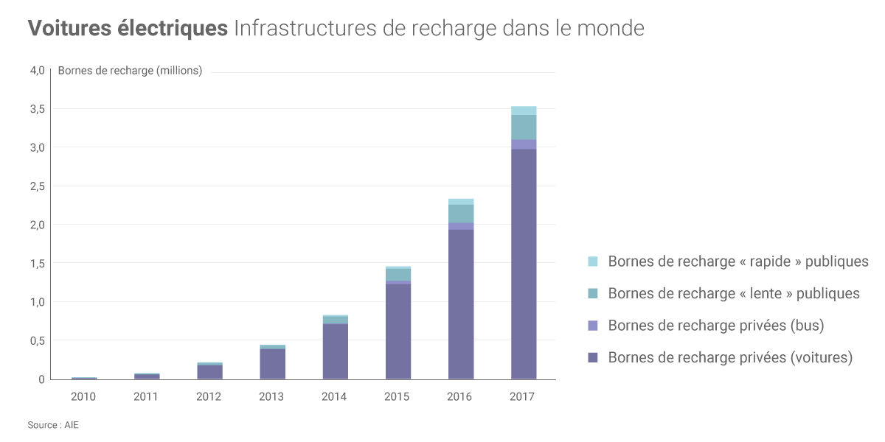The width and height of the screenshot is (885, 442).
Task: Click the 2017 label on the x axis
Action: tap(522, 396)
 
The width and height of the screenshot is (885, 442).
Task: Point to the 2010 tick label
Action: tap(83, 396)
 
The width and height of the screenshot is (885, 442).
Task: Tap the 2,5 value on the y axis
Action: tap(37, 186)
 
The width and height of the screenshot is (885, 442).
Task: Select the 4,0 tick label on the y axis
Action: tap(37, 71)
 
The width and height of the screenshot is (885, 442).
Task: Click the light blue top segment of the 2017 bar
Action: tap(524, 110)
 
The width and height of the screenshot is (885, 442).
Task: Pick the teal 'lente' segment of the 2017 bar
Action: tap(524, 127)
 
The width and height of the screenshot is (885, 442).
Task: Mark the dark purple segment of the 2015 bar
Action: tap(398, 331)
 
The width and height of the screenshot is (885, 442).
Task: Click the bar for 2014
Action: tap(336, 350)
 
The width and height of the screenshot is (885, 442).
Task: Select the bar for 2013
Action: tap(273, 363)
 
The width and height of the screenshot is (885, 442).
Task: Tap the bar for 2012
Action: tap(210, 371)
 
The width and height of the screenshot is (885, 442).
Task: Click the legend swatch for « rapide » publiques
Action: tap(593, 262)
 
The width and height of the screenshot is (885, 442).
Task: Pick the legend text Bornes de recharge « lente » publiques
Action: tap(734, 293)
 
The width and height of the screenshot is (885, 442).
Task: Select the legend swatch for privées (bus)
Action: tap(593, 326)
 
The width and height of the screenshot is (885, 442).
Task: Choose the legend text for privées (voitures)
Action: tap(730, 357)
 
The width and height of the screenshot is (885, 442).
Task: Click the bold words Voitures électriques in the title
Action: tap(128, 29)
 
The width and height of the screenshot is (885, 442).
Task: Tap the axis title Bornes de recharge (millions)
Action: tap(130, 71)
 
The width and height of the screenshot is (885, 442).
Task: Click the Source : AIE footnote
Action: tap(53, 425)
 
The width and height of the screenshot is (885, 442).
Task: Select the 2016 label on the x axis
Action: tap(459, 396)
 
